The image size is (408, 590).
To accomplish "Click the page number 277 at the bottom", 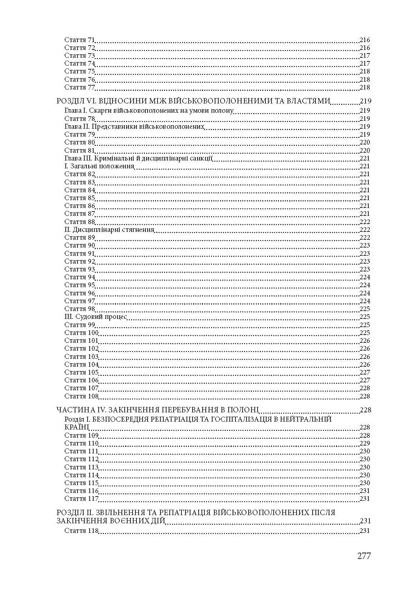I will (x=364, y=556).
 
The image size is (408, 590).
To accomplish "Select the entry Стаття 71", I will (x=79, y=40).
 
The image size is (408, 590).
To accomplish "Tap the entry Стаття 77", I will (x=79, y=87).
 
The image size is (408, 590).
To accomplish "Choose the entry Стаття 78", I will (x=79, y=119).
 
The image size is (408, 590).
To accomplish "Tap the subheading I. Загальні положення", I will (x=99, y=166).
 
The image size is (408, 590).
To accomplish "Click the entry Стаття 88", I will (x=79, y=222).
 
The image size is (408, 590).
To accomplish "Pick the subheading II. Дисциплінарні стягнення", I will (x=109, y=230).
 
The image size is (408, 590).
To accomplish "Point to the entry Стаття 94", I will (x=79, y=277).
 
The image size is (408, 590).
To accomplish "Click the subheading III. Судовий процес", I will (x=96, y=317).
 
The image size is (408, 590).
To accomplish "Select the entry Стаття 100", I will (x=81, y=333).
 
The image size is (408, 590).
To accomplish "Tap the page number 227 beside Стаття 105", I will (x=365, y=372).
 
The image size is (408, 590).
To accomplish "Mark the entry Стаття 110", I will (x=81, y=443).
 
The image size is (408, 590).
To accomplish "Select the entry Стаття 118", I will (x=81, y=531).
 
